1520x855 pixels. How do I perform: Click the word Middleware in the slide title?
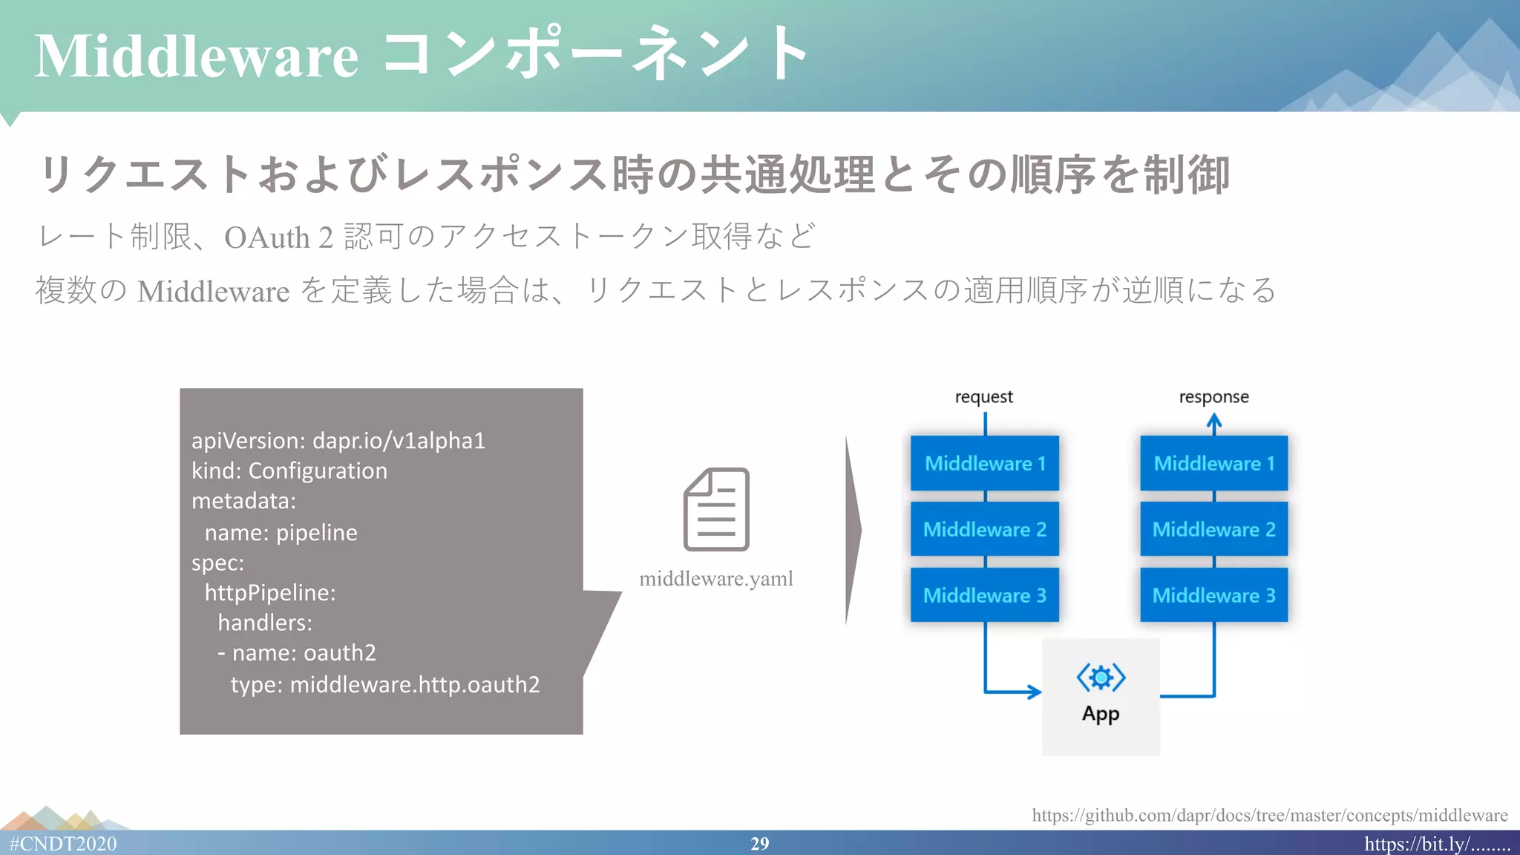(x=197, y=57)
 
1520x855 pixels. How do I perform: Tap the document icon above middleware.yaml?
(x=716, y=509)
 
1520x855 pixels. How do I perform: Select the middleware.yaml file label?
(x=716, y=578)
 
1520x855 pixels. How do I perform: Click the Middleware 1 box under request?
(x=985, y=463)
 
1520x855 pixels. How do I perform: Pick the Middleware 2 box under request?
(x=985, y=529)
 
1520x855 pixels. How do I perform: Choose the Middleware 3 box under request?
(x=985, y=595)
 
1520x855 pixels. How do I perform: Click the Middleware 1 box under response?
(x=1214, y=463)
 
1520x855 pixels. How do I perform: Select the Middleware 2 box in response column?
(x=1214, y=529)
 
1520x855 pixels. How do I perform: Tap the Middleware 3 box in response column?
(x=1214, y=595)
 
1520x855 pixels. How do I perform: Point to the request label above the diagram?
(x=983, y=397)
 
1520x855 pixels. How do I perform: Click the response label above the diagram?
(x=1214, y=397)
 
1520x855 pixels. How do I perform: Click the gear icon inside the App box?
(x=1101, y=677)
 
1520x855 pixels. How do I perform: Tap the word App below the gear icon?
(x=1101, y=714)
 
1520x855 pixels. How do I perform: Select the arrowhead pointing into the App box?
(x=1034, y=692)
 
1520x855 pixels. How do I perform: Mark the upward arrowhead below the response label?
(x=1214, y=421)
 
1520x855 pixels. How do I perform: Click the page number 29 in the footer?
(x=759, y=844)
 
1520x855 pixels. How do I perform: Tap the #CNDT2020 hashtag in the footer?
(x=63, y=844)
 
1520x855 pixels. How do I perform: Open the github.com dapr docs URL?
(x=1269, y=815)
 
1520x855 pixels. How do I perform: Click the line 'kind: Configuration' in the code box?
(x=289, y=471)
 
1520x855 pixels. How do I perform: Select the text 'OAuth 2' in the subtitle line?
(x=278, y=237)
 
